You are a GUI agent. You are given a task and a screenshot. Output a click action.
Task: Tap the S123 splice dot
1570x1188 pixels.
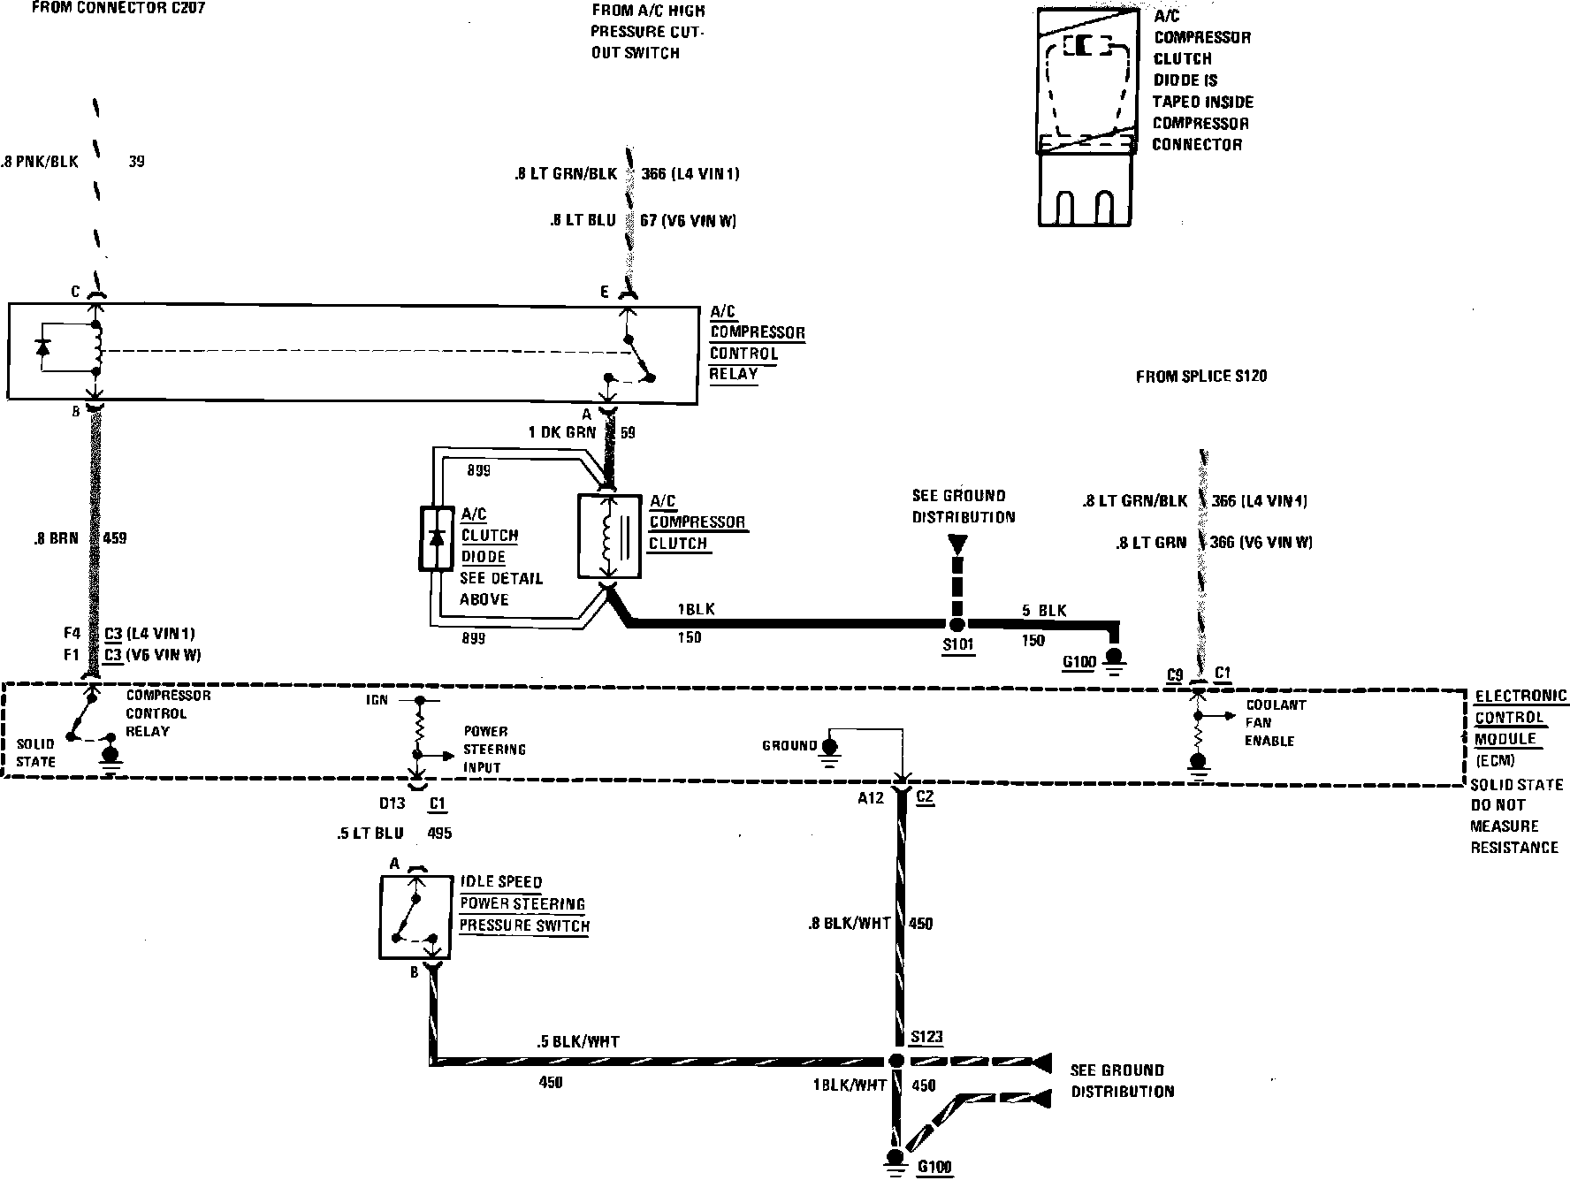(x=896, y=1061)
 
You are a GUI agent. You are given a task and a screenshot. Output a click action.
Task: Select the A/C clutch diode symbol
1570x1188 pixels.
(x=435, y=538)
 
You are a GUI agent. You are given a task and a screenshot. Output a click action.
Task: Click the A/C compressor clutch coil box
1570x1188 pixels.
(x=609, y=537)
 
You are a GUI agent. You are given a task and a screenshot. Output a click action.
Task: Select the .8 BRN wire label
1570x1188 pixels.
(x=57, y=537)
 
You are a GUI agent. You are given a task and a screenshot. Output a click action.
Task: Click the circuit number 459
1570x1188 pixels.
(x=115, y=537)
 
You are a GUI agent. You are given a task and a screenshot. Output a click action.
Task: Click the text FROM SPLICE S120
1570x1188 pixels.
(x=1200, y=377)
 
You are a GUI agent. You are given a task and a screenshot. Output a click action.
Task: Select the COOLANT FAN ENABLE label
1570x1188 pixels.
(x=1274, y=723)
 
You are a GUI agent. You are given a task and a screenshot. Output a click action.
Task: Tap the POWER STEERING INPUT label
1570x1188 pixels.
(x=494, y=750)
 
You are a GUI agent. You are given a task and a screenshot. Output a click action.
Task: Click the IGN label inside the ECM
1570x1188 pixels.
(x=379, y=700)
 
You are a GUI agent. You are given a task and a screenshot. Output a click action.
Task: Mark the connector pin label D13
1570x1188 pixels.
(x=392, y=803)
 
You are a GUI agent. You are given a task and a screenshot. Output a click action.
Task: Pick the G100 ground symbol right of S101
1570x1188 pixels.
(x=1115, y=657)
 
